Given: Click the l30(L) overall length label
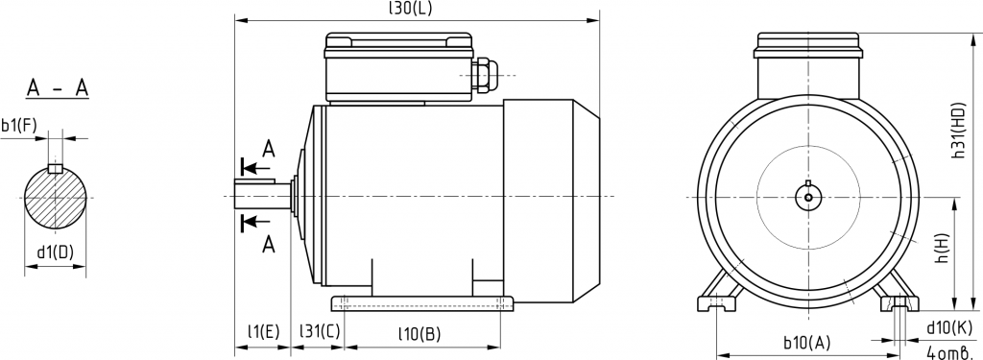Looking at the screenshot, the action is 411,8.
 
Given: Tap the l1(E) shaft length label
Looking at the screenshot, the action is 263,331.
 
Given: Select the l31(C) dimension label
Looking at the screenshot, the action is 319,331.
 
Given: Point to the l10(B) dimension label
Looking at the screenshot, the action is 420,334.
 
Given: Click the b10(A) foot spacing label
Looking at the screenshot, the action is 806,343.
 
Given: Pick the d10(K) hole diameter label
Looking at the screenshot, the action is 949,327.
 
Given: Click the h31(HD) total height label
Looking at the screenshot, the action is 959,130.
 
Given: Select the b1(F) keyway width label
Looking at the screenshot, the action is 19,126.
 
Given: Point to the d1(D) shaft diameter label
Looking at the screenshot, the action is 55,252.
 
